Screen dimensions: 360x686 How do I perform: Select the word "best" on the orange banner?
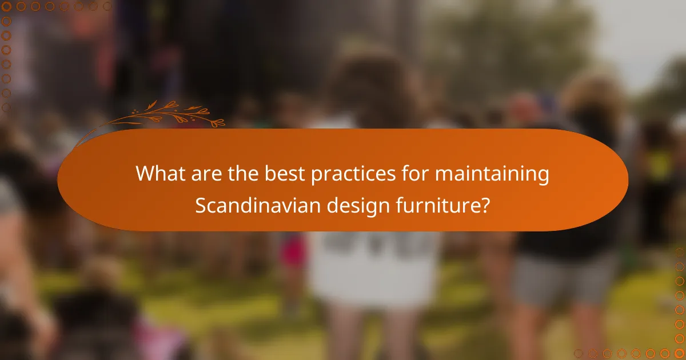coord(281,174)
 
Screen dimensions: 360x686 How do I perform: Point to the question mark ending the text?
coord(485,205)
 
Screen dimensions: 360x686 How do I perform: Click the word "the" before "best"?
coord(241,174)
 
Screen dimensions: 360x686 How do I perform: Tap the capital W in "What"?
coord(144,174)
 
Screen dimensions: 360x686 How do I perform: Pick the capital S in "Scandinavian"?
coord(200,205)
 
